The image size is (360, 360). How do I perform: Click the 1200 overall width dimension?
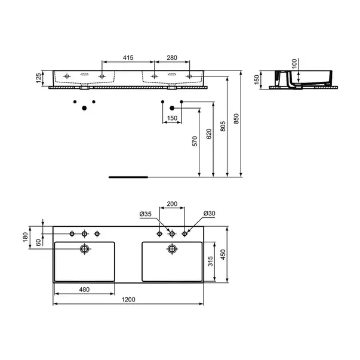(x=128, y=299)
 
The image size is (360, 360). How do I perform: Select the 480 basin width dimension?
(x=84, y=290)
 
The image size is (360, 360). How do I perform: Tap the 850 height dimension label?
(x=236, y=118)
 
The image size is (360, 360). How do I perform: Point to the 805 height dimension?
(x=223, y=127)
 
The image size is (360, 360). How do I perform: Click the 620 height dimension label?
(x=209, y=134)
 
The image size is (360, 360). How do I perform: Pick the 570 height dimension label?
(x=195, y=141)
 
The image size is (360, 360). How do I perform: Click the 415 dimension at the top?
(x=128, y=57)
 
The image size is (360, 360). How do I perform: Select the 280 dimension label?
(x=172, y=57)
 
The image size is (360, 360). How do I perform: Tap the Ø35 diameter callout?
(x=146, y=214)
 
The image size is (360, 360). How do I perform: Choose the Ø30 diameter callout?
(x=209, y=213)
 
